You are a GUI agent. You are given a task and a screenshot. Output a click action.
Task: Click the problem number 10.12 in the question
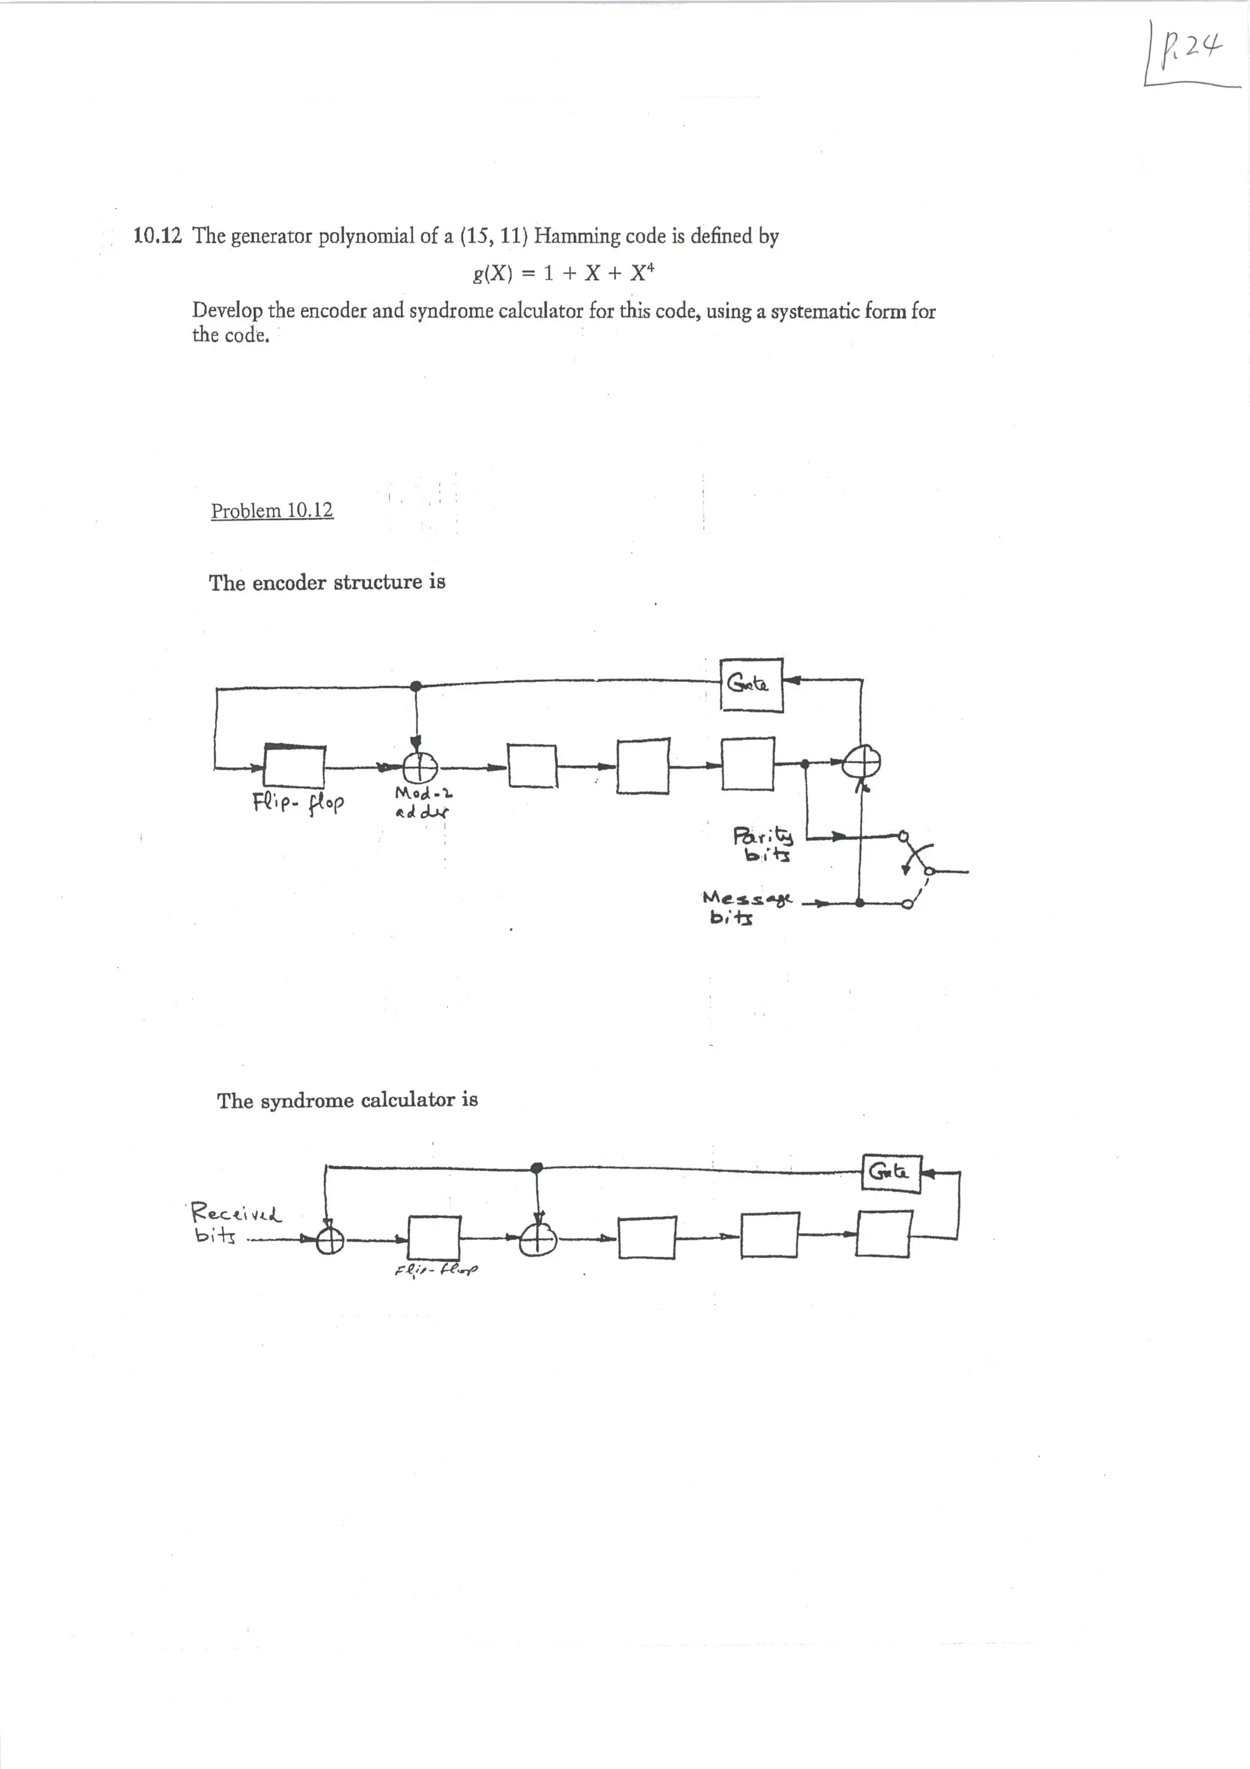pyautogui.click(x=157, y=235)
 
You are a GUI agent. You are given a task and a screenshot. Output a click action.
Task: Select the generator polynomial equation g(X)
pyautogui.click(x=565, y=272)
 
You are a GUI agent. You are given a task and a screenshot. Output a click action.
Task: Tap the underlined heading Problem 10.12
pyautogui.click(x=272, y=510)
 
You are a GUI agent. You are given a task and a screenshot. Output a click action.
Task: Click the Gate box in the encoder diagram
pyautogui.click(x=751, y=685)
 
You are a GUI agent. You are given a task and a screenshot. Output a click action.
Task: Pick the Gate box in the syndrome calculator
pyautogui.click(x=891, y=1173)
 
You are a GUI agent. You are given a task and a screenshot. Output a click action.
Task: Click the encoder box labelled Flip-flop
pyautogui.click(x=294, y=767)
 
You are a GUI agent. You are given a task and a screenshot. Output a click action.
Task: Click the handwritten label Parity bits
pyautogui.click(x=762, y=844)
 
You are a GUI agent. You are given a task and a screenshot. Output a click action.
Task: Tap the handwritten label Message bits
pyautogui.click(x=744, y=907)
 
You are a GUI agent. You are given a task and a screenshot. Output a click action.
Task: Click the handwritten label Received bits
pyautogui.click(x=235, y=1223)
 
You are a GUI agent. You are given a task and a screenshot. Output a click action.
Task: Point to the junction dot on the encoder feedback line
pyautogui.click(x=416, y=686)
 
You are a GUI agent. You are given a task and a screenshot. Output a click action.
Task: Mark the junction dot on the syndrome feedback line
pyautogui.click(x=537, y=1168)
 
